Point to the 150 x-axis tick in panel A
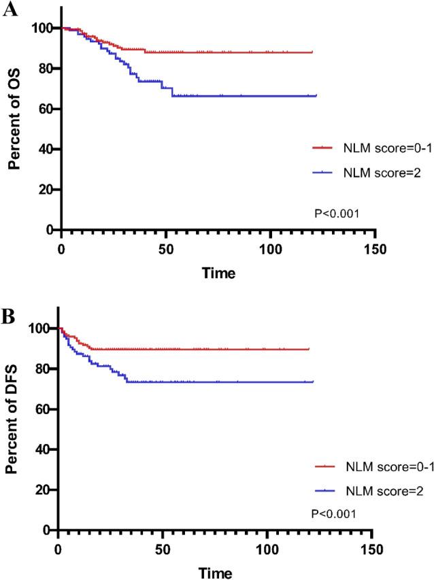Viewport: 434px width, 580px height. coord(375,249)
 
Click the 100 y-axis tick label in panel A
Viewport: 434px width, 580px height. coord(43,28)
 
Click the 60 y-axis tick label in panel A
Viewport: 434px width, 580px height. coord(46,109)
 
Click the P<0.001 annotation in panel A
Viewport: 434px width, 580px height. coord(337,214)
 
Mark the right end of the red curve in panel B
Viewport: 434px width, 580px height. coord(310,349)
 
